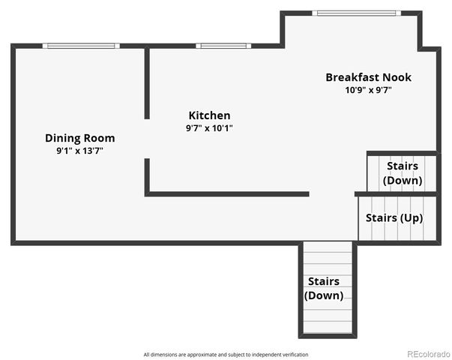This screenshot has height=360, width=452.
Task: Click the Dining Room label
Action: pyautogui.click(x=80, y=138)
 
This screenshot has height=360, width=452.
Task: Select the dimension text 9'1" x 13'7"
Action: pyautogui.click(x=79, y=151)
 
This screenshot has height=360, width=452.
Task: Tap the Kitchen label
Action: pyautogui.click(x=209, y=115)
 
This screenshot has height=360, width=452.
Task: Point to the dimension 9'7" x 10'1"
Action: pyautogui.click(x=209, y=127)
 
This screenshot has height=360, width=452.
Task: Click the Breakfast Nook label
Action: pyautogui.click(x=368, y=77)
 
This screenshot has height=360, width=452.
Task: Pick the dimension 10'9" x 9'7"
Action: pyautogui.click(x=368, y=90)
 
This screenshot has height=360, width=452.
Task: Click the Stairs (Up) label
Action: pyautogui.click(x=394, y=217)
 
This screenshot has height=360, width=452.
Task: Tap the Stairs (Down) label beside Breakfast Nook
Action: pyautogui.click(x=403, y=173)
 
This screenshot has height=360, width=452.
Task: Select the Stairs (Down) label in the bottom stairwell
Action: pyautogui.click(x=323, y=288)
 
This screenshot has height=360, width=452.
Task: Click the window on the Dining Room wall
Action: pyautogui.click(x=81, y=46)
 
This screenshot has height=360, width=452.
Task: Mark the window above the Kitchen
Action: pyautogui.click(x=223, y=46)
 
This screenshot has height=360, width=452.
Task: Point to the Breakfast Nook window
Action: pyautogui.click(x=356, y=13)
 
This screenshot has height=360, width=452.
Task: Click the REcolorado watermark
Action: pyautogui.click(x=429, y=354)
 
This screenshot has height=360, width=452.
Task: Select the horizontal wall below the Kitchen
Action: pyautogui.click(x=227, y=193)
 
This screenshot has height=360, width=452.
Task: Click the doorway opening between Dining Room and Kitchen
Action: pyautogui.click(x=147, y=139)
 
